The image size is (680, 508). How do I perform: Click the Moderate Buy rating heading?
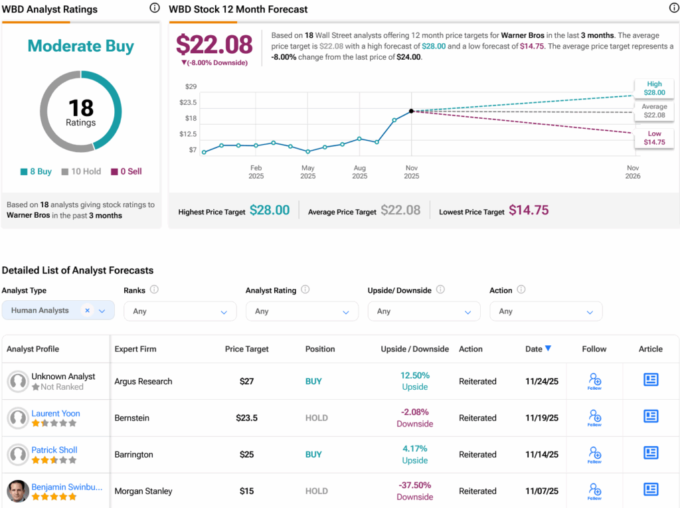pos(80,46)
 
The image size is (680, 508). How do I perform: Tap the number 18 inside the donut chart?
pos(80,108)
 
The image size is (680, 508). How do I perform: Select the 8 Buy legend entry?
pos(36,171)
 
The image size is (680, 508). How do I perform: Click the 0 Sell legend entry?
pos(126,171)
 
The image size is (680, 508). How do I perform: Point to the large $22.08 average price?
pos(214,44)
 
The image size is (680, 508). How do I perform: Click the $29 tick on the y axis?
pos(191,87)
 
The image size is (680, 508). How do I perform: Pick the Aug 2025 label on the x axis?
pos(359,172)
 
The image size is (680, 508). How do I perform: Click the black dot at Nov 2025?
pos(412,111)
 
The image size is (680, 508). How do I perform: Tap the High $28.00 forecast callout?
pos(654,88)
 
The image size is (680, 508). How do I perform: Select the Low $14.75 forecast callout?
pos(654,138)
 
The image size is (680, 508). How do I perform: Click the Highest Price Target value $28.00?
pos(270,211)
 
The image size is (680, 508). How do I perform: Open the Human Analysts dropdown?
pos(58,311)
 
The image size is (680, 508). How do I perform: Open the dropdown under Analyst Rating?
pos(301,311)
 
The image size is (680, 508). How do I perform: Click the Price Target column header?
pos(247,349)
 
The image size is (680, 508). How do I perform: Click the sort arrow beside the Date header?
pos(548,349)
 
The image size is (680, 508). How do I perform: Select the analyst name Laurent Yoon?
pos(56,414)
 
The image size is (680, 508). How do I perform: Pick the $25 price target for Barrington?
pos(247,455)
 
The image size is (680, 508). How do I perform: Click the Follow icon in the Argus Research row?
pos(594,381)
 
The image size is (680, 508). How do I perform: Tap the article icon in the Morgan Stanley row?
pos(651,490)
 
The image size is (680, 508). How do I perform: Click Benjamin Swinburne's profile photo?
pos(18,491)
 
